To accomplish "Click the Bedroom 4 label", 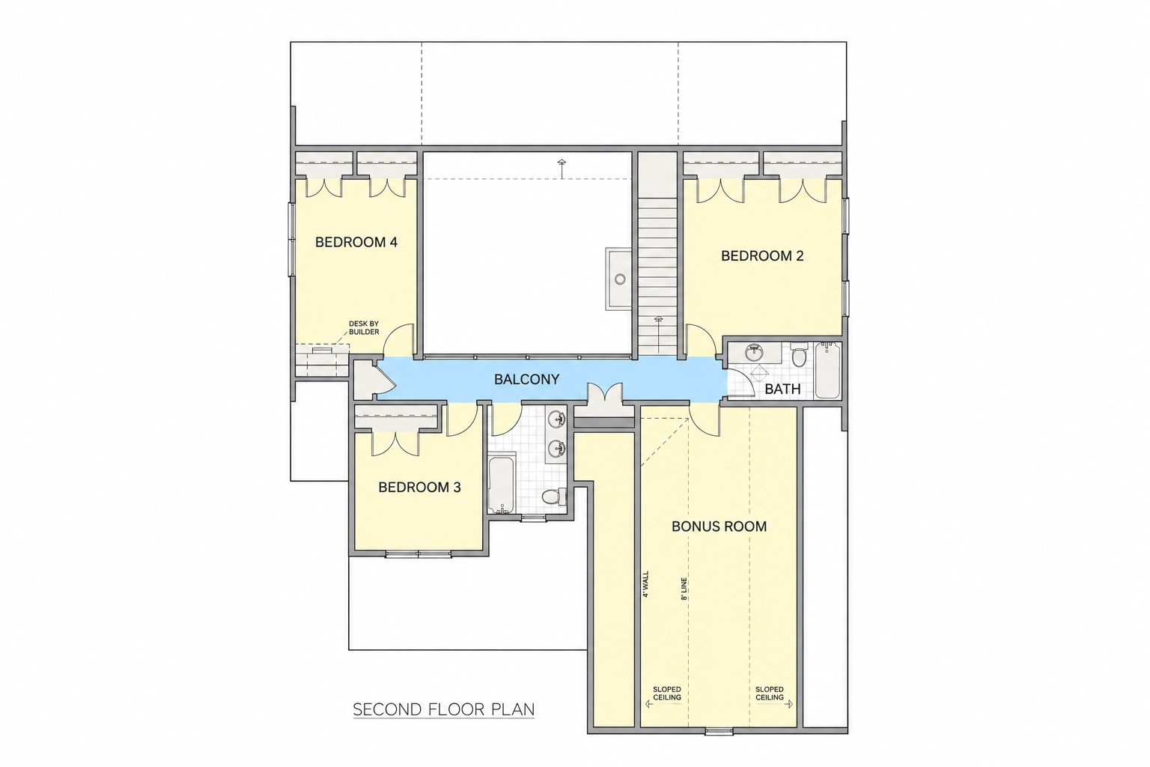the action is (356, 242).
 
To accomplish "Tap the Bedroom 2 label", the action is (762, 256).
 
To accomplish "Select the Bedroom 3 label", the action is (419, 487).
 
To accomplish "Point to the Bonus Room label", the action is (719, 526).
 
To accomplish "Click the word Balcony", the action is (526, 379).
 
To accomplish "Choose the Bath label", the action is (782, 389).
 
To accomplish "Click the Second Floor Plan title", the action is (443, 709).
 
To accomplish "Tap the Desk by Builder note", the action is (364, 328).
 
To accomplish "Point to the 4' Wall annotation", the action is (645, 584).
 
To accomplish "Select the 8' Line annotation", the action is (684, 589).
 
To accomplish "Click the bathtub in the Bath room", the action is (827, 370).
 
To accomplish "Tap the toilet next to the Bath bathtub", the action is (798, 354).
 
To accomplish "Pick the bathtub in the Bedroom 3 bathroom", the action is (502, 483).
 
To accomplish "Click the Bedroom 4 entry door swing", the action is (399, 340).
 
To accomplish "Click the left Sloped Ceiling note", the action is (667, 694).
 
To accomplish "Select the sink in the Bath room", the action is (754, 353).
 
